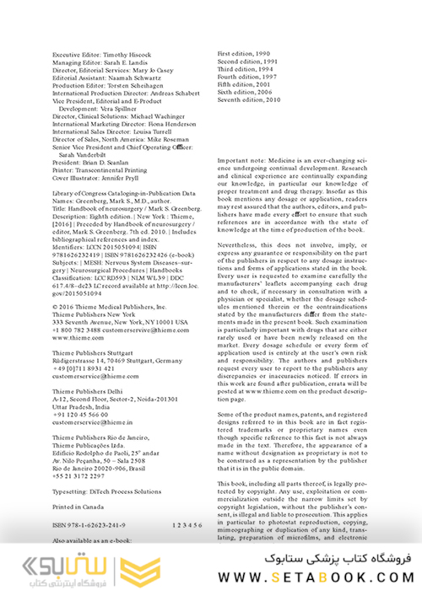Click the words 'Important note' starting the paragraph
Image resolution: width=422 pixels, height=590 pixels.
pyautogui.click(x=241, y=159)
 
